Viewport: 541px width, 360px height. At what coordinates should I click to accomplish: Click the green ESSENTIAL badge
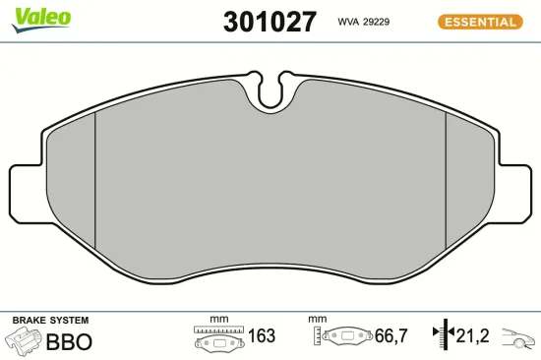(x=480, y=21)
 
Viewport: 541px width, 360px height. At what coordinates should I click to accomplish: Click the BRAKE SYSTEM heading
(x=49, y=321)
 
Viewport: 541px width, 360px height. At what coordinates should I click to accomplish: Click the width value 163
(x=261, y=336)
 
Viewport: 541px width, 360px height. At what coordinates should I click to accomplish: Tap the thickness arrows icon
(x=443, y=336)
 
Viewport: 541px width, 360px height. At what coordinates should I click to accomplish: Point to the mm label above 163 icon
(x=218, y=320)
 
